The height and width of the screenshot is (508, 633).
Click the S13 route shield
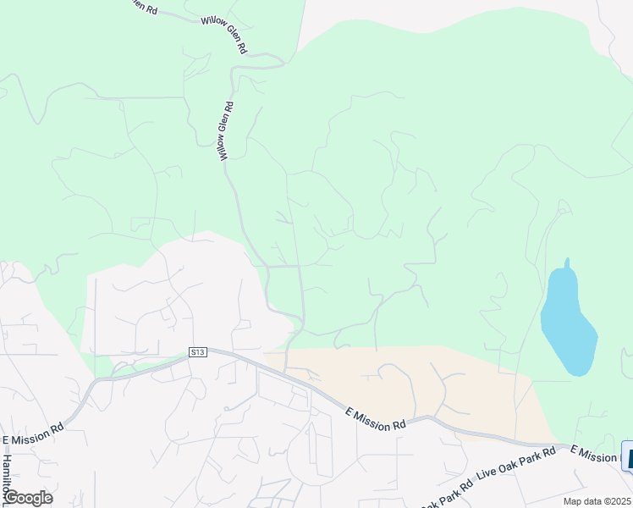(x=198, y=351)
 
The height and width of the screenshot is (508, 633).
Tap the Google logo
(x=27, y=498)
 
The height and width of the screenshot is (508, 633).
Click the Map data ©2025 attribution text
(x=597, y=501)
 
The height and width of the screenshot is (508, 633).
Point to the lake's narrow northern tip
(x=566, y=263)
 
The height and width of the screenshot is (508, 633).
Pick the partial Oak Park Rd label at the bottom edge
(x=446, y=494)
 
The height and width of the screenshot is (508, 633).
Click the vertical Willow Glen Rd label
(x=226, y=131)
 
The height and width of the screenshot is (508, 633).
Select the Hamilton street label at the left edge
(x=7, y=475)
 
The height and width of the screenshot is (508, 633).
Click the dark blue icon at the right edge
(x=627, y=456)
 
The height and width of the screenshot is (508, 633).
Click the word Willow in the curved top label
(x=211, y=25)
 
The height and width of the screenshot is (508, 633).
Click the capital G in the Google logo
(x=11, y=497)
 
